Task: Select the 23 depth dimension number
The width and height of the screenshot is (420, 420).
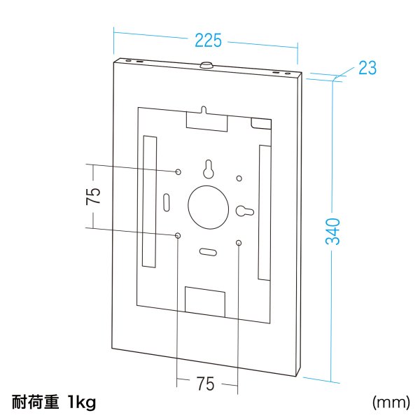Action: coord(367,67)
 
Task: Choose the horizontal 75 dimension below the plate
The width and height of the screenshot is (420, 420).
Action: coord(205,384)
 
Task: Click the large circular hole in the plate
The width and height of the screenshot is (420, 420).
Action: coord(209,208)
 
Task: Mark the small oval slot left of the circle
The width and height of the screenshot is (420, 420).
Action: coord(167,201)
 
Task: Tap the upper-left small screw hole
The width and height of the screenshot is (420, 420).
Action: coord(178,171)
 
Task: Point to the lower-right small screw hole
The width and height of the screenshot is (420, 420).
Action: coord(239,243)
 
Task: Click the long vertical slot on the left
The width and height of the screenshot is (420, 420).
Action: coord(148,201)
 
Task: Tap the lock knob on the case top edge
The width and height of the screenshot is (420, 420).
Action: coord(208,65)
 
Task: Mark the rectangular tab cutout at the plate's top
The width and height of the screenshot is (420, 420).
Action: coord(206,119)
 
